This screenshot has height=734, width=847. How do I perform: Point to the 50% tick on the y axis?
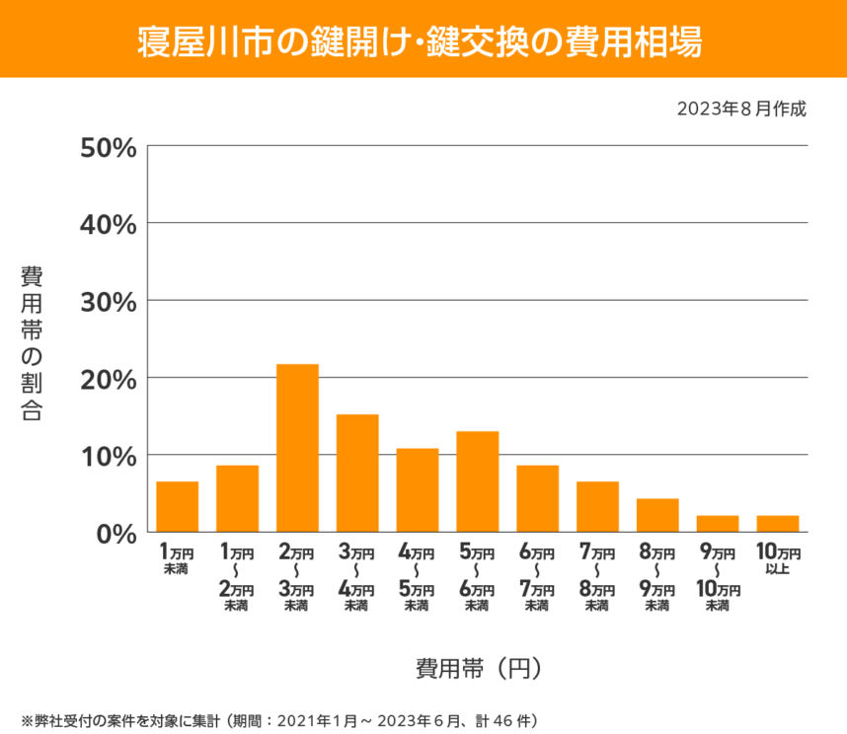(x=107, y=147)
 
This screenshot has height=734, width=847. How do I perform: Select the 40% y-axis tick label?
(x=107, y=224)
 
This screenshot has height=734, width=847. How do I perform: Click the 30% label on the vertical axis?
(x=107, y=301)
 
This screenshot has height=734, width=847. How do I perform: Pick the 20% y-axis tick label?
(x=107, y=378)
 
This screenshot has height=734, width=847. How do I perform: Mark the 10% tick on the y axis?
(x=107, y=455)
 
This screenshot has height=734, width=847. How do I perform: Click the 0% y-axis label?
(x=114, y=532)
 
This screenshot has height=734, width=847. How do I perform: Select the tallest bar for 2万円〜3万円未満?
(x=297, y=448)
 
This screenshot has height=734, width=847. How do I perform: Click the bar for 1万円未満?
(x=177, y=506)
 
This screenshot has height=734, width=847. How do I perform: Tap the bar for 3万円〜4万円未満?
(x=357, y=473)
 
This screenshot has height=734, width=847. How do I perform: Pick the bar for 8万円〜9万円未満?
(x=657, y=515)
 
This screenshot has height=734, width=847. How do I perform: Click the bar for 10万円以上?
(x=778, y=523)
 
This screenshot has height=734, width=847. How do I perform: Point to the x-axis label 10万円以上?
(x=778, y=559)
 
